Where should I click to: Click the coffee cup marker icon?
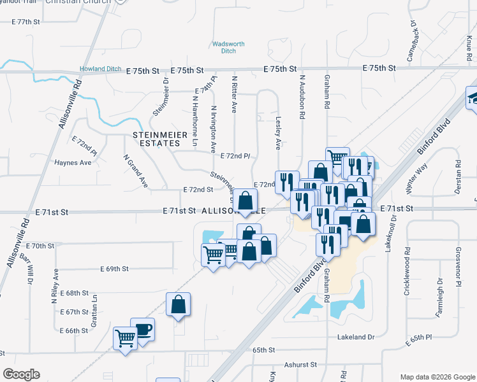click(x=143, y=330)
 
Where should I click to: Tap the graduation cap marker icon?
click(x=473, y=97)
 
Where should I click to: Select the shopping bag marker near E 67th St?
click(x=179, y=304)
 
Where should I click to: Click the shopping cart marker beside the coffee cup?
click(x=125, y=337)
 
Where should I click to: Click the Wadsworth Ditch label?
click(x=228, y=47)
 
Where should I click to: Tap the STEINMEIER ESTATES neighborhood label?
click(x=156, y=139)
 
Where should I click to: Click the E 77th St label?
click(x=31, y=22)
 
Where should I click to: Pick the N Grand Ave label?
click(x=135, y=171)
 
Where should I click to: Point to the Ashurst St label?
click(x=301, y=365)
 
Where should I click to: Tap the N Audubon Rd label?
click(x=303, y=97)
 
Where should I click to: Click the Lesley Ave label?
click(x=278, y=132)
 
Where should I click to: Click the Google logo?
click(x=21, y=374)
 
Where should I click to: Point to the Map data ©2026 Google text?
click(x=437, y=376)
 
